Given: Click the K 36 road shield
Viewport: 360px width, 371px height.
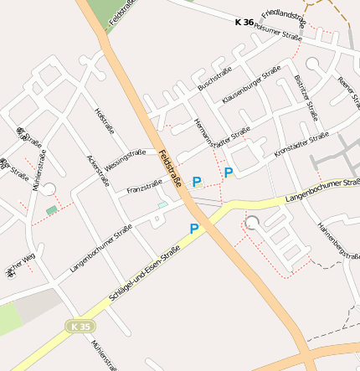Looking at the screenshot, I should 244,23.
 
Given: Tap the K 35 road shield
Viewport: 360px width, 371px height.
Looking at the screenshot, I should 78,324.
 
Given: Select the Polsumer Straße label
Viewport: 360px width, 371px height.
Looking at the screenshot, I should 278,34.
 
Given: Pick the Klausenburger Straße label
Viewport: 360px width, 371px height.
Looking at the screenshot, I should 251,87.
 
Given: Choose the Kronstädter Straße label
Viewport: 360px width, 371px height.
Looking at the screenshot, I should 301,144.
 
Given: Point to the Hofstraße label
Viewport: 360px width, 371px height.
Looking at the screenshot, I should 105,120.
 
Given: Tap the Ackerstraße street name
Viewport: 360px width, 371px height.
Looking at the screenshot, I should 98,170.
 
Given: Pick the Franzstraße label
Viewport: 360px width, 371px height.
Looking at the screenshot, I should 144,188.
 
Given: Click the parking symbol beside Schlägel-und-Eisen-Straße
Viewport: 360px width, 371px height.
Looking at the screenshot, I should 194,229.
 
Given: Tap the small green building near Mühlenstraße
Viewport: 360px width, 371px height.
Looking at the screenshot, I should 53,209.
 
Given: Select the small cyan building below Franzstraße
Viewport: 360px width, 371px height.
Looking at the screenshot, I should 162,205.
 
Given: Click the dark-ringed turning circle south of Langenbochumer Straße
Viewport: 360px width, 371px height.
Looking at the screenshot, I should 253,222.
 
